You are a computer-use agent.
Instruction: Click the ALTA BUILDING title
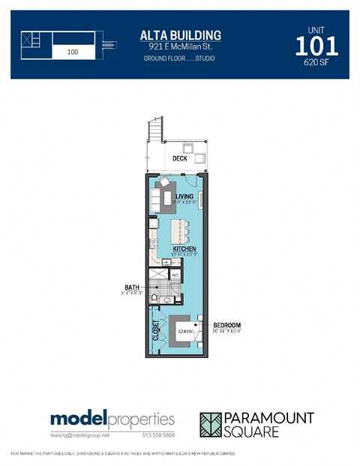(x=180, y=35)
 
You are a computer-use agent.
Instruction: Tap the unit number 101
(x=316, y=47)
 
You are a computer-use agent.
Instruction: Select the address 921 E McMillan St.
(x=180, y=47)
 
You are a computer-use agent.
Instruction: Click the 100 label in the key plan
(x=73, y=53)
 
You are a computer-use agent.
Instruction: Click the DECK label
(x=179, y=158)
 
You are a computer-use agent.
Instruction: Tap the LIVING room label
(x=184, y=197)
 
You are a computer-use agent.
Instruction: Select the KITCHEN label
(x=184, y=248)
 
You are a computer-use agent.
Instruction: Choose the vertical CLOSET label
(x=156, y=331)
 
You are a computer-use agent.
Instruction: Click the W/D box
(x=175, y=275)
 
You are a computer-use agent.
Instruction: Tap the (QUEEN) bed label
(x=185, y=329)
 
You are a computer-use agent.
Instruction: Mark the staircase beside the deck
(x=155, y=133)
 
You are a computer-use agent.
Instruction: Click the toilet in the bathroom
(x=154, y=298)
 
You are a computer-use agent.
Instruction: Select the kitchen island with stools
(x=179, y=230)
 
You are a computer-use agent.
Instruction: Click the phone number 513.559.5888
(x=160, y=434)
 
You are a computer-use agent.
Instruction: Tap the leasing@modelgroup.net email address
(x=79, y=434)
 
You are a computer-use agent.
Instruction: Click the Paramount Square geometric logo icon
(x=213, y=424)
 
